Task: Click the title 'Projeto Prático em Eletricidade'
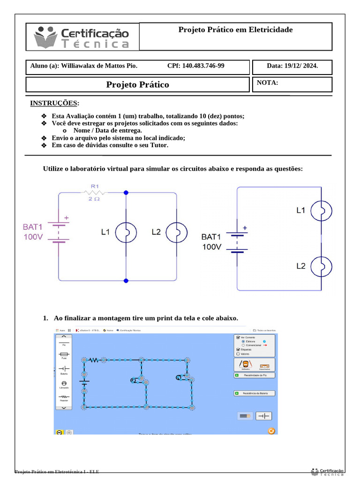235,30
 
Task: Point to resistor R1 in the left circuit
95,192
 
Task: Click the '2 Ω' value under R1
94,199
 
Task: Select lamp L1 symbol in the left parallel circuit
126,232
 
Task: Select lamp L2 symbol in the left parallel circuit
176,232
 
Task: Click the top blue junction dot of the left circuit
126,192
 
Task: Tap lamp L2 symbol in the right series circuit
322,266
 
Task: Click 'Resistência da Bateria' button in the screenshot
254,393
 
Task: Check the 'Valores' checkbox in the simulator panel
239,354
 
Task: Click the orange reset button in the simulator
270,431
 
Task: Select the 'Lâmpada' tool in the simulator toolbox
64,384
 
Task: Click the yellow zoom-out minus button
60,432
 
